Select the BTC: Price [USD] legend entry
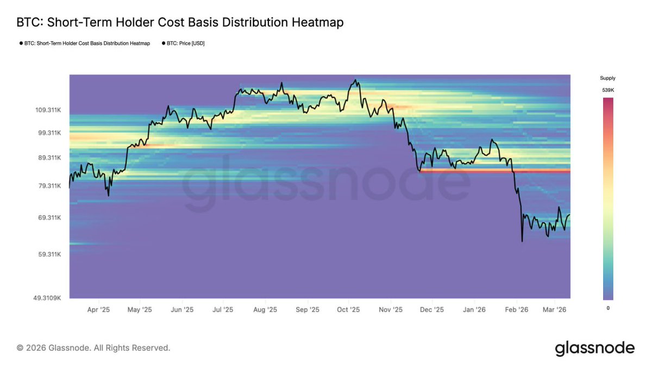pos(185,43)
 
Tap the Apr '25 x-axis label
pos(98,310)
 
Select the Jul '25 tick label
pos(223,310)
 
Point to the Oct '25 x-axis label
pos(348,310)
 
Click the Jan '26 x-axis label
pos(474,310)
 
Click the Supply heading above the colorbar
pos(607,78)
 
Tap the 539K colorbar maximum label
pos(607,90)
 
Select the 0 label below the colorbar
pos(607,308)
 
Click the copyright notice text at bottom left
pos(93,347)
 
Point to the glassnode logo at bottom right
pos(594,348)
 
